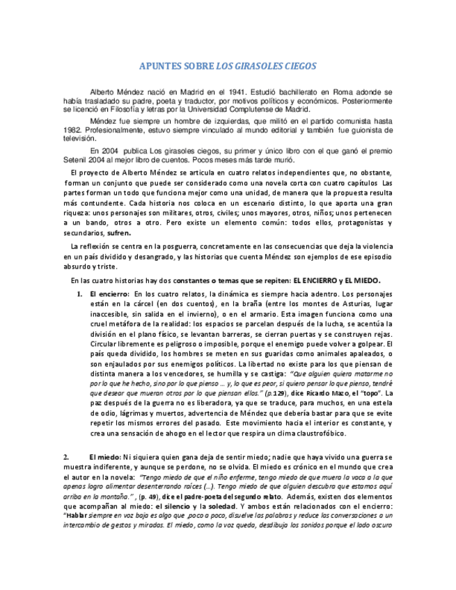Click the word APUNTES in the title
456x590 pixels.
158,67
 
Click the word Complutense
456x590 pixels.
244,109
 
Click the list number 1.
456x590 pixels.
80,294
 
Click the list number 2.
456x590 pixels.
65,456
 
